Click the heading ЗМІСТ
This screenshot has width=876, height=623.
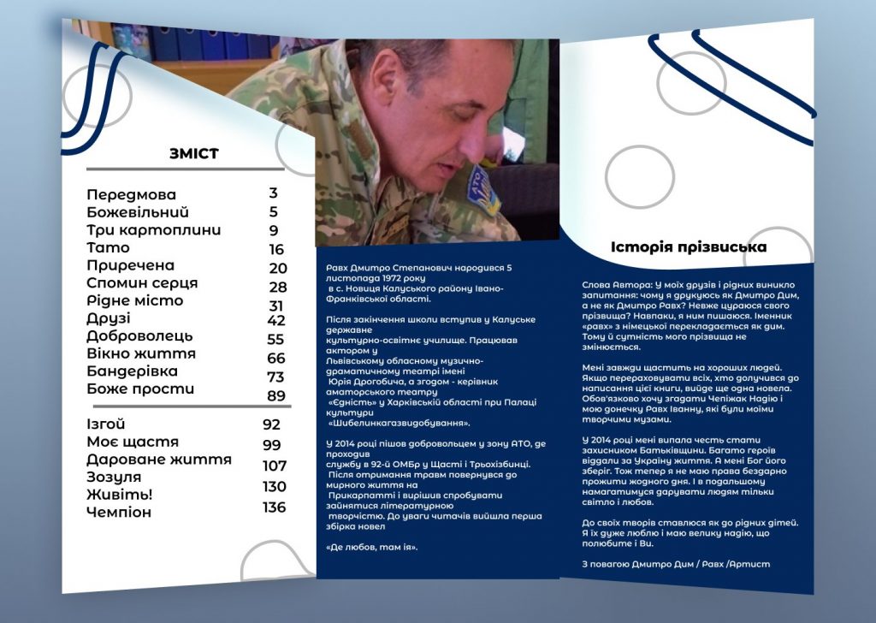coord(194,154)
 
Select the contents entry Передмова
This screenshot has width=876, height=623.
coord(131,194)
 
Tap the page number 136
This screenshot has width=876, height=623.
coord(274,507)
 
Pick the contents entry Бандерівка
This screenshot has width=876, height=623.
coord(133,371)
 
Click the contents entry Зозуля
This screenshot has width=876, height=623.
coord(114,477)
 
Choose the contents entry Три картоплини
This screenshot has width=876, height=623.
coord(154,230)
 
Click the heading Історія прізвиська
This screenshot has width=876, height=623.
coord(689,247)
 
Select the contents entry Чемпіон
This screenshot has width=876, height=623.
coord(119,513)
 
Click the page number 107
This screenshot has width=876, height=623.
coord(275,466)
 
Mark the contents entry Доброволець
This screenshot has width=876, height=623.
coord(139,336)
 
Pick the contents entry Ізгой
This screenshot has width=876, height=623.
coord(106,424)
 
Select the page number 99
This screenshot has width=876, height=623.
coord(272,445)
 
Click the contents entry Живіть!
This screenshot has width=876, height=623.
coord(120,495)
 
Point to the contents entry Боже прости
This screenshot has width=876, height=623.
coord(140,389)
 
